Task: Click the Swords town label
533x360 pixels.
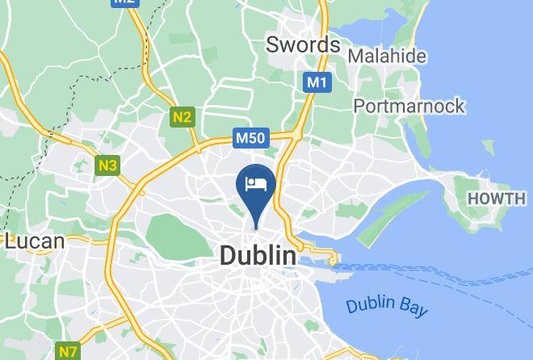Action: click(303, 44)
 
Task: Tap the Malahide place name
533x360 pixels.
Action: click(387, 57)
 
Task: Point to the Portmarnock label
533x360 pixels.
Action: click(409, 106)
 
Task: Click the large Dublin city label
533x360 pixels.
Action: click(258, 256)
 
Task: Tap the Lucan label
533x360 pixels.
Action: click(35, 241)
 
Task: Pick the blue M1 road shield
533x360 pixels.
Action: click(317, 82)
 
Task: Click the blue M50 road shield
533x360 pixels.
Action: click(250, 139)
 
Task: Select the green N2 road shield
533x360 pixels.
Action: click(183, 117)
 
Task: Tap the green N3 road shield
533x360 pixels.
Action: click(107, 165)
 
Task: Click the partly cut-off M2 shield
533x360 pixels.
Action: click(124, 2)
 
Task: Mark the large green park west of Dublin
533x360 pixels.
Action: click(172, 232)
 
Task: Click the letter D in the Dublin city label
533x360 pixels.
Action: click(228, 256)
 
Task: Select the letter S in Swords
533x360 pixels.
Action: click(274, 44)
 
